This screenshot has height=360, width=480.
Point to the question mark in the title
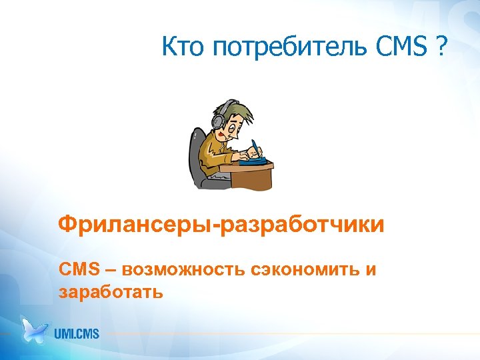tap(442, 47)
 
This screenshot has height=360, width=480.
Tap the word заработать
tap(110, 291)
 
